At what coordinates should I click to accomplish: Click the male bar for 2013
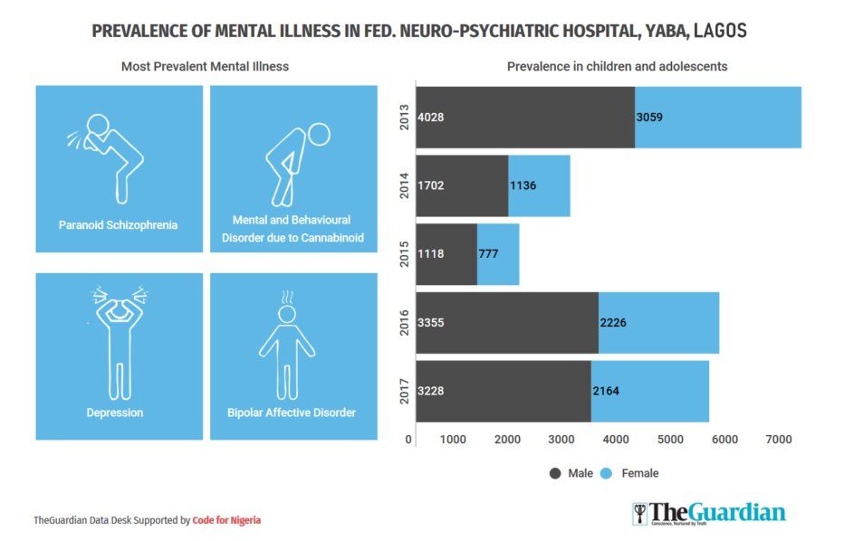pyautogui.click(x=525, y=118)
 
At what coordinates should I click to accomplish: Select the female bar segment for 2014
pyautogui.click(x=539, y=185)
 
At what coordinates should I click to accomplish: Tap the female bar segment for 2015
pyautogui.click(x=498, y=254)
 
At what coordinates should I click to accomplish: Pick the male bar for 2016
pyautogui.click(x=507, y=322)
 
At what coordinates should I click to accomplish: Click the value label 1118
pyautogui.click(x=431, y=254)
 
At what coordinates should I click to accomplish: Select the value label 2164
pyautogui.click(x=606, y=391)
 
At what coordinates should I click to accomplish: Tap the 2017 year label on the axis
pyautogui.click(x=405, y=391)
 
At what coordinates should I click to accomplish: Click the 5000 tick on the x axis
pyautogui.click(x=670, y=440)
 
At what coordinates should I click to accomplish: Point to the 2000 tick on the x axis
pyautogui.click(x=507, y=440)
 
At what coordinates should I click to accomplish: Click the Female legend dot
pyautogui.click(x=608, y=473)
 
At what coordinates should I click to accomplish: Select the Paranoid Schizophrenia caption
pyautogui.click(x=118, y=224)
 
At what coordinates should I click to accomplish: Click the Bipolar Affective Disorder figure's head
pyautogui.click(x=288, y=314)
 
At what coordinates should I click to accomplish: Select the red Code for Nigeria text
pyautogui.click(x=226, y=520)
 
